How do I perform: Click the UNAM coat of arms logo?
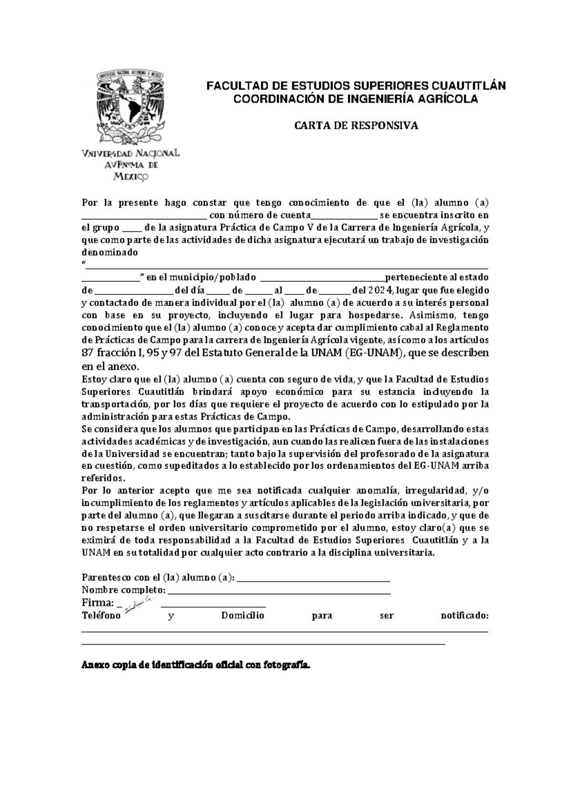point(130,105)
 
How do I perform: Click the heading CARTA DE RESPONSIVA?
point(355,126)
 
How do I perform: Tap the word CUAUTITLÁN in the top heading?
point(468,86)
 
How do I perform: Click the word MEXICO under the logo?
point(130,177)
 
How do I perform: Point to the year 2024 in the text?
point(382,290)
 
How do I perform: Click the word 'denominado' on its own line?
point(109,253)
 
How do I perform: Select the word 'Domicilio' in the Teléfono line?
point(242,616)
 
